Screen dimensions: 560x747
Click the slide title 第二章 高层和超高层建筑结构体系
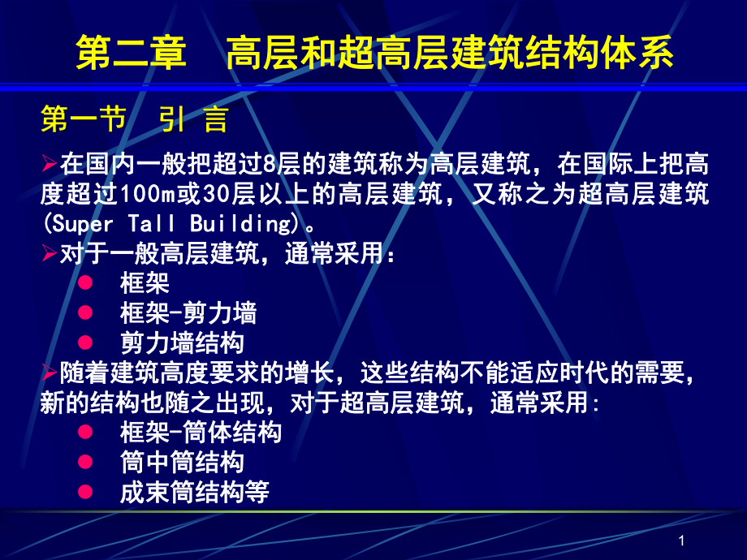coord(374,54)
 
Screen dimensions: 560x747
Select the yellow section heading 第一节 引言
coord(134,120)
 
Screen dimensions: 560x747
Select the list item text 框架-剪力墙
coord(188,312)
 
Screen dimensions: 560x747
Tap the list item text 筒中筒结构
coord(181,463)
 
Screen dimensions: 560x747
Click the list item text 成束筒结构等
coord(194,492)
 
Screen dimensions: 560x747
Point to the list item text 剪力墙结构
coord(181,341)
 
